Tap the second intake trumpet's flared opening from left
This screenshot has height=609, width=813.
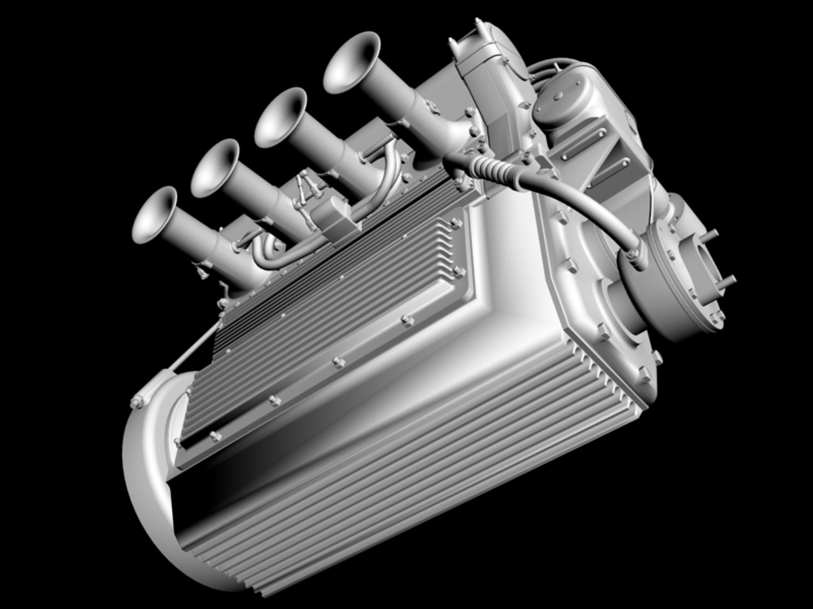tap(215, 167)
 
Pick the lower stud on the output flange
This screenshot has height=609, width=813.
tap(728, 280)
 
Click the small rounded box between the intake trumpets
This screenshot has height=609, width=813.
tap(333, 218)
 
